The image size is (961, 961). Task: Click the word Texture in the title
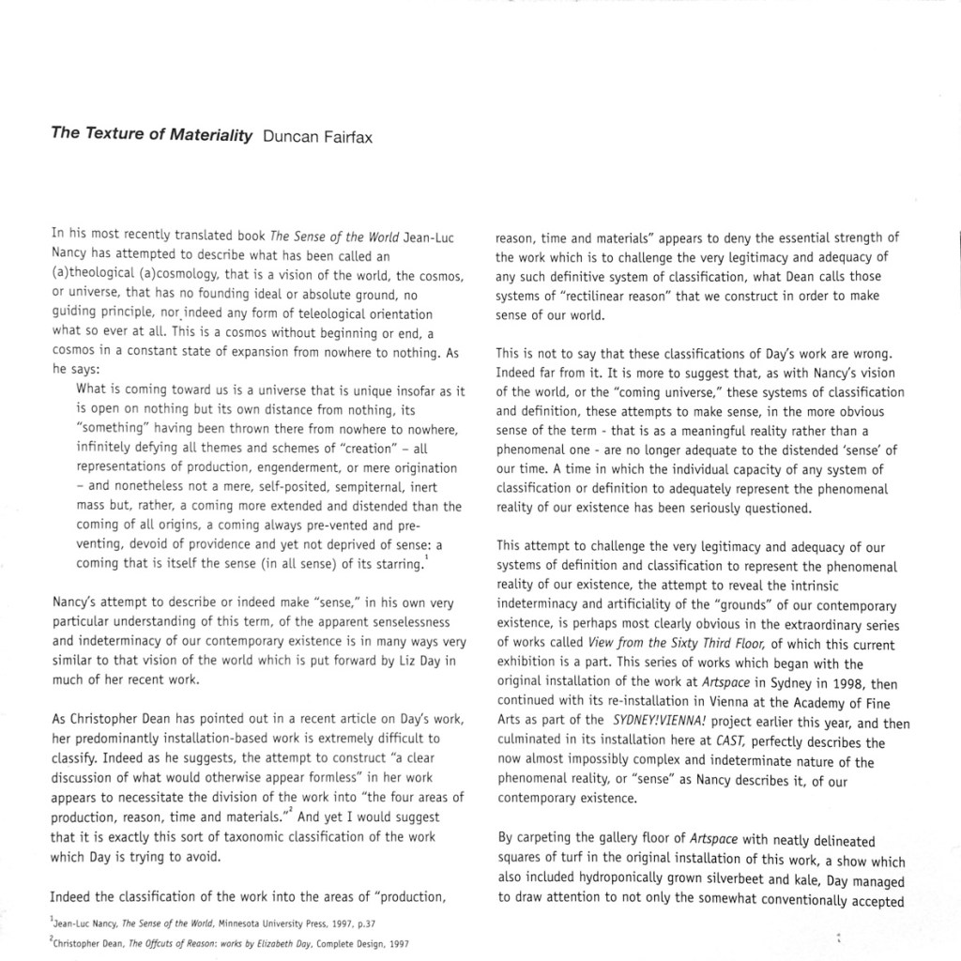point(119,133)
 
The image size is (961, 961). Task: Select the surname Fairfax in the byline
point(344,135)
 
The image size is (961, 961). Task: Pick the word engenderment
point(273,467)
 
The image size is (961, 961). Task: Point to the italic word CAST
point(726,742)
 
